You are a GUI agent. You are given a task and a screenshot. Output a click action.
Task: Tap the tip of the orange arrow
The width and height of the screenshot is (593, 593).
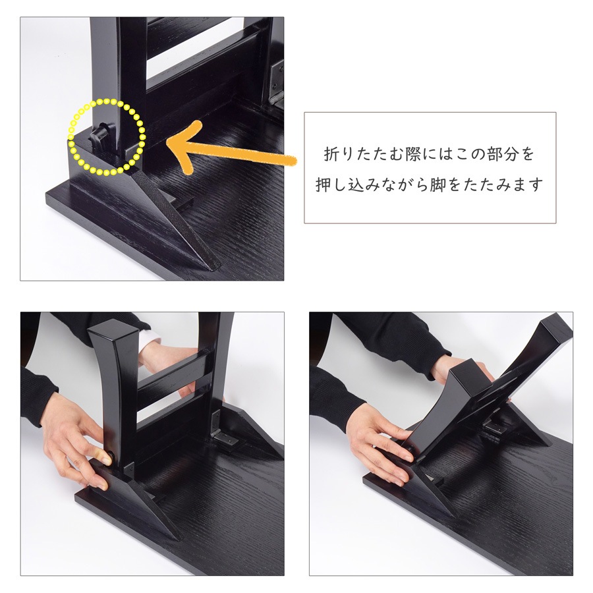pos(167,143)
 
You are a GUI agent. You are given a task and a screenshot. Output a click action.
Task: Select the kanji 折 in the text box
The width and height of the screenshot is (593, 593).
pos(331,154)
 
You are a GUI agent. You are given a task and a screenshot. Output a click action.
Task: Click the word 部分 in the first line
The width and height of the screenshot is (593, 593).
pos(502,154)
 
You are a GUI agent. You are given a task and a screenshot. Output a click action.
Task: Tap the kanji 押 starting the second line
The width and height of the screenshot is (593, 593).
pos(323,185)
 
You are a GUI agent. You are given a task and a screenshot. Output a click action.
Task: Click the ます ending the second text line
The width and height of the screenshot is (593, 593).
pos(527,185)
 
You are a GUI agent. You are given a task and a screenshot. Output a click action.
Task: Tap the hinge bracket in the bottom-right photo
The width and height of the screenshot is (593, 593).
pos(494,428)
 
